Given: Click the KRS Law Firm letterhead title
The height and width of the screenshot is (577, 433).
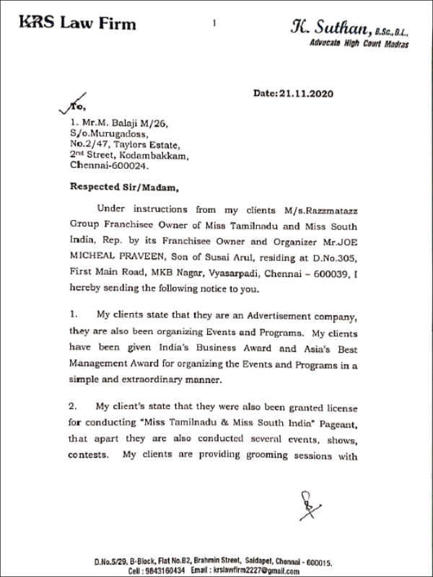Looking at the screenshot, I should click(x=77, y=25).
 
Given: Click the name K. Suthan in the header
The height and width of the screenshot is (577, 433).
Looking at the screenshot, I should click(x=331, y=28).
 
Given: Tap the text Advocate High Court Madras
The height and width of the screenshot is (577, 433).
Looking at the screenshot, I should click(x=359, y=44).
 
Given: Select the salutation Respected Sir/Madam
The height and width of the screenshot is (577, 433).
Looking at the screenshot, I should click(x=122, y=185).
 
